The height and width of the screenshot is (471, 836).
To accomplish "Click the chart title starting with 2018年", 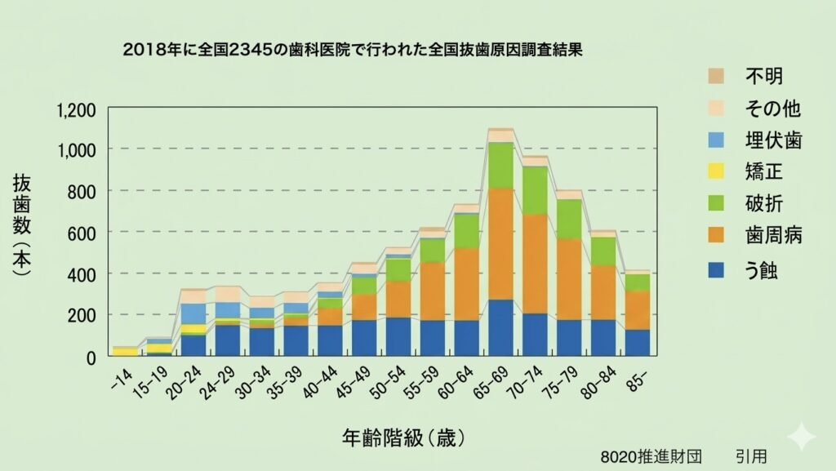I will click(357, 50).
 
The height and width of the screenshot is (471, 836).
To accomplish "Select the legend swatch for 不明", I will click(717, 77).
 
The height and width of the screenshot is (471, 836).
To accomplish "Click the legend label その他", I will click(772, 109).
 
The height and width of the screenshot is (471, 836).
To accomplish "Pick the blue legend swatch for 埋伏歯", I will click(717, 140).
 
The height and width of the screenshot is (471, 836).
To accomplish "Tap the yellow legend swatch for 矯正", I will click(717, 172).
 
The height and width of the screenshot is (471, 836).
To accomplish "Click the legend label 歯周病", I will click(772, 237).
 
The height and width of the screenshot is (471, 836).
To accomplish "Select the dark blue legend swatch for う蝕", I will click(717, 269).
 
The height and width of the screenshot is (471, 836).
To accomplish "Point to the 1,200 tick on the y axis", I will click(77, 110).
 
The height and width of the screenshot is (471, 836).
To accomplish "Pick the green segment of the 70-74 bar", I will click(535, 190).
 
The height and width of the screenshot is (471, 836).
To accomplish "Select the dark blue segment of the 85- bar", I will click(638, 343).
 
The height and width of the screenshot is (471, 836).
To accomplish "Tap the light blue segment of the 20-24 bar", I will click(193, 313).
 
